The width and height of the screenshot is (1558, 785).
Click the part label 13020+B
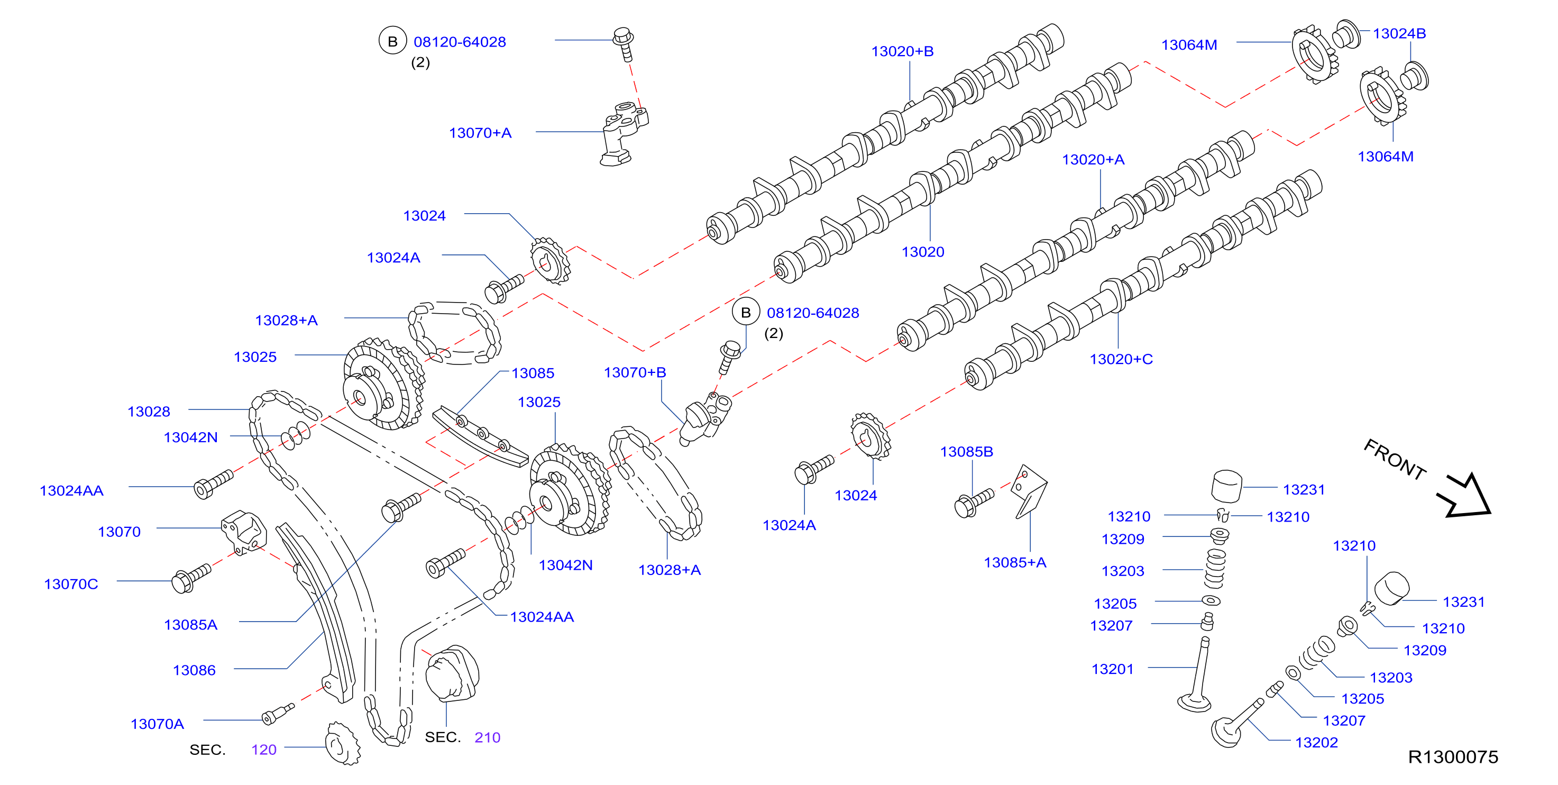pyautogui.click(x=902, y=51)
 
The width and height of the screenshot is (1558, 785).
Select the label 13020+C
pyautogui.click(x=1121, y=359)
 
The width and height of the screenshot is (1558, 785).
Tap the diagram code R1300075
pyautogui.click(x=1453, y=757)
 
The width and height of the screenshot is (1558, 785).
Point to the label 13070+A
pyautogui.click(x=480, y=133)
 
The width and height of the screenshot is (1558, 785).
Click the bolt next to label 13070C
pyautogui.click(x=191, y=578)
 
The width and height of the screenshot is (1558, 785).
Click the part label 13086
pyautogui.click(x=194, y=670)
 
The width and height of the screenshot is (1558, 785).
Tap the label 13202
pyautogui.click(x=1317, y=743)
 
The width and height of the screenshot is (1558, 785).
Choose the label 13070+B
pyautogui.click(x=635, y=372)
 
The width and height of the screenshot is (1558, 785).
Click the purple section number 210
pyautogui.click(x=488, y=737)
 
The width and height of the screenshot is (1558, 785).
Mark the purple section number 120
pyautogui.click(x=264, y=750)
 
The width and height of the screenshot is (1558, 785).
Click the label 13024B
pyautogui.click(x=1399, y=33)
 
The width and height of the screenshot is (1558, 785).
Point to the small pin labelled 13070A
pyautogui.click(x=278, y=714)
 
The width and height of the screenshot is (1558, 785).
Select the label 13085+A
pyautogui.click(x=1015, y=562)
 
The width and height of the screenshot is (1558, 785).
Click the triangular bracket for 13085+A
pyautogui.click(x=1031, y=491)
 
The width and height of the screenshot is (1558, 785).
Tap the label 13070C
pyautogui.click(x=71, y=584)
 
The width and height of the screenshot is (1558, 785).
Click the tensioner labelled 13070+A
pyautogui.click(x=624, y=134)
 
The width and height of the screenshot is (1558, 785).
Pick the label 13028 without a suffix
pyautogui.click(x=149, y=412)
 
